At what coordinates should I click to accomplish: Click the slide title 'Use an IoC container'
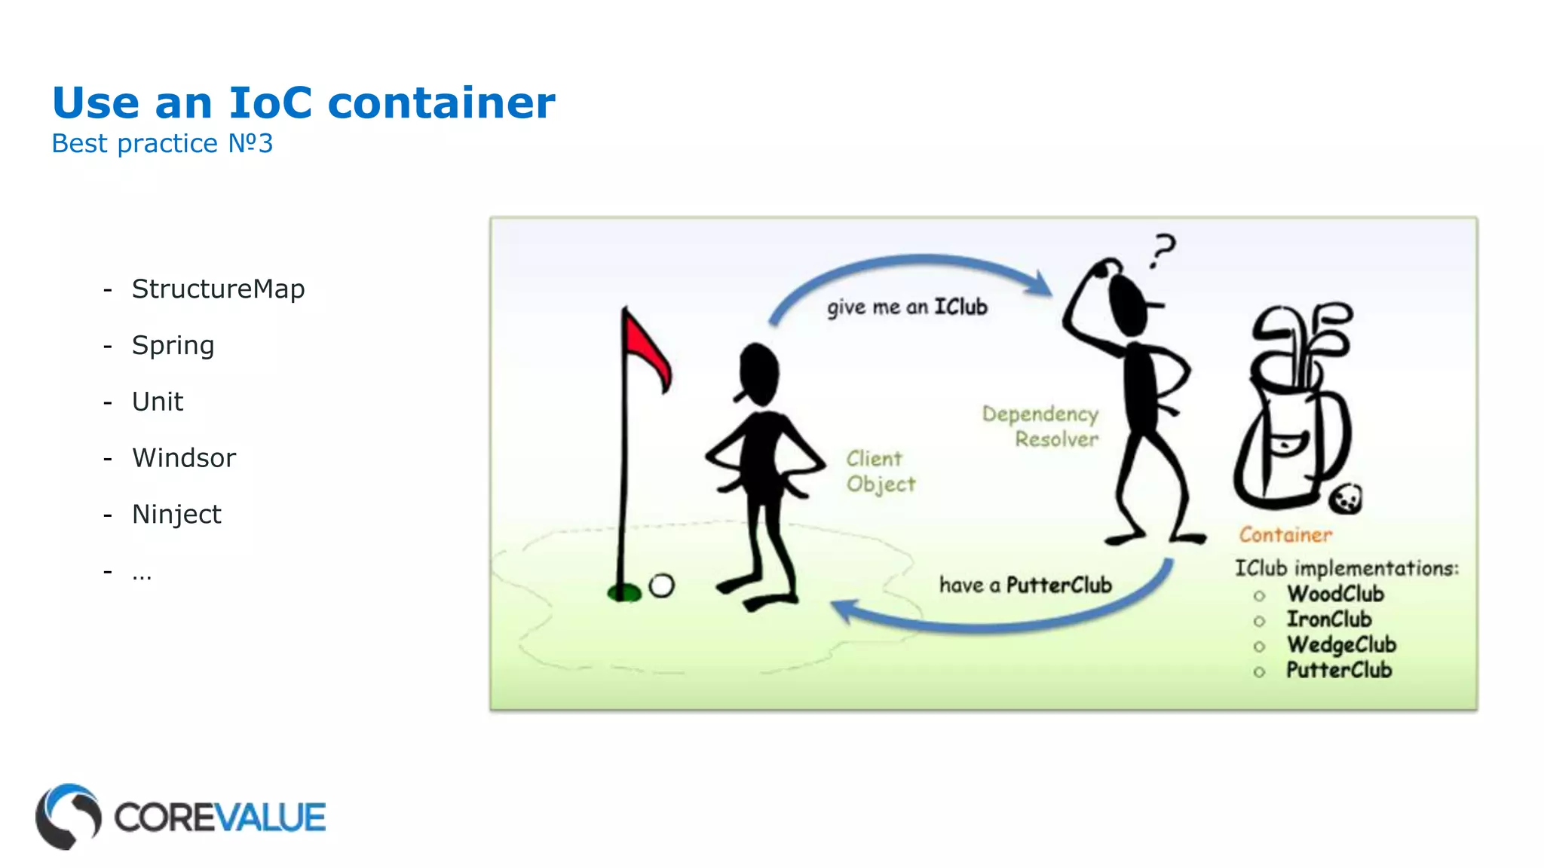[x=303, y=102]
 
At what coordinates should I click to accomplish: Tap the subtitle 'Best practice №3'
[x=162, y=143]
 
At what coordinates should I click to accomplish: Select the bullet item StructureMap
[x=218, y=289]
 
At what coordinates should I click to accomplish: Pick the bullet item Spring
[x=173, y=345]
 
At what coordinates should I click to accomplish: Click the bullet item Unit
[x=157, y=402]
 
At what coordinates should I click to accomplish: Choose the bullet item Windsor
[x=184, y=457]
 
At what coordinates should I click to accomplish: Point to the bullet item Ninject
[x=176, y=514]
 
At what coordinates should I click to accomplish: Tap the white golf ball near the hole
[x=661, y=585]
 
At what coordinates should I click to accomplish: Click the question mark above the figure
[x=1163, y=250]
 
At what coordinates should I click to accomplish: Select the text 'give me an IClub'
[x=906, y=307]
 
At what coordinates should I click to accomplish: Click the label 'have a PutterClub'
[x=1025, y=585]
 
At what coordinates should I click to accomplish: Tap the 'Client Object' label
[x=880, y=471]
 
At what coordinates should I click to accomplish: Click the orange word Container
[x=1285, y=534]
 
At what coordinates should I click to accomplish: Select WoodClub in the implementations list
[x=1335, y=594]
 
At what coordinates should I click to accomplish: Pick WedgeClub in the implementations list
[x=1341, y=645]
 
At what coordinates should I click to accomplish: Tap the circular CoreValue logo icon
[x=68, y=816]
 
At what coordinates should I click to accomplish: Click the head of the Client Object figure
[x=758, y=374]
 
